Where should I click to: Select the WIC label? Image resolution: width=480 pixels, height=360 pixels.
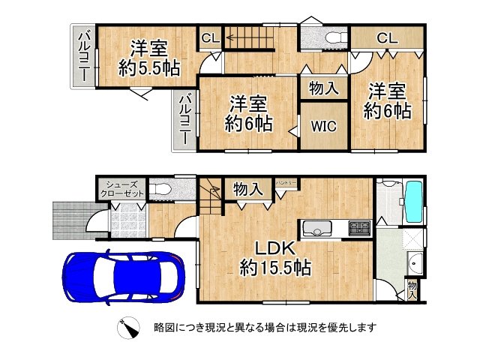(x=323, y=125)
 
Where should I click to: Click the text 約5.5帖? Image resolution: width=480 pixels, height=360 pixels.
(x=148, y=68)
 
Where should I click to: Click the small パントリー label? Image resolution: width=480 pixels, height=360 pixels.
(x=285, y=183)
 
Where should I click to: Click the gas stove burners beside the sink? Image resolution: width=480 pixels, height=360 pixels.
(x=358, y=226)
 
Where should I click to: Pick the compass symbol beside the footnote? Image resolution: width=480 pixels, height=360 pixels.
(x=128, y=327)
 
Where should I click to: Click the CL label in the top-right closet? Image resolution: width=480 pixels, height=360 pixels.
(x=386, y=37)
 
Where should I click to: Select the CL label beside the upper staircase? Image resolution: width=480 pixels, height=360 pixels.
(x=209, y=37)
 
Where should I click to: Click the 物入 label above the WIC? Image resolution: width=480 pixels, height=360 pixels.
(x=323, y=88)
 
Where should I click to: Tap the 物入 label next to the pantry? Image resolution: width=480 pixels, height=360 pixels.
(x=247, y=190)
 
